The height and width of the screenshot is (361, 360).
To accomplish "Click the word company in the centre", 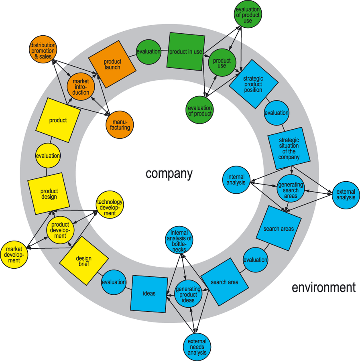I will [169, 174].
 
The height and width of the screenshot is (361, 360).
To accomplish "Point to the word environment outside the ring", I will [323, 287].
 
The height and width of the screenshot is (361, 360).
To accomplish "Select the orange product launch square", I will [112, 65].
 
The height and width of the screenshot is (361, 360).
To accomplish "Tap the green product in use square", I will [185, 52].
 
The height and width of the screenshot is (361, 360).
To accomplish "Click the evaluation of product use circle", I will [248, 15].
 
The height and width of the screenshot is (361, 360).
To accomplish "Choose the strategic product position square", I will [253, 84].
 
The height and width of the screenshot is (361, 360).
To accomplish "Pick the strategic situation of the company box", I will [289, 148].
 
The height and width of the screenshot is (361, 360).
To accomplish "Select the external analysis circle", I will [346, 195].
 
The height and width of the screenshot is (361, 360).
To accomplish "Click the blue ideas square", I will [149, 294].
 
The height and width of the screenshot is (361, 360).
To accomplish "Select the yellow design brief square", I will [83, 261].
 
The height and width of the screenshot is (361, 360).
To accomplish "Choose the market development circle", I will [14, 255].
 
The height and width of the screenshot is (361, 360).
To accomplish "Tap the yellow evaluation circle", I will [48, 156].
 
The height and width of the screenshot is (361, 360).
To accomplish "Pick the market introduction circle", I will [81, 87].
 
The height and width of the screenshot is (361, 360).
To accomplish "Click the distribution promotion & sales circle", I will [43, 51].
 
